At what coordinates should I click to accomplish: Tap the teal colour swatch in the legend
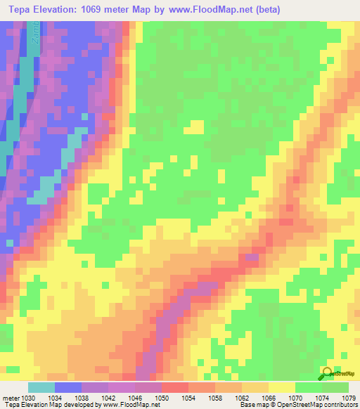point(41,387)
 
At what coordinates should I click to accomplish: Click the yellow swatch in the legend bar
point(281,387)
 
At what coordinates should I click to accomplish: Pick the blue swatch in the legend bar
point(68,387)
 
